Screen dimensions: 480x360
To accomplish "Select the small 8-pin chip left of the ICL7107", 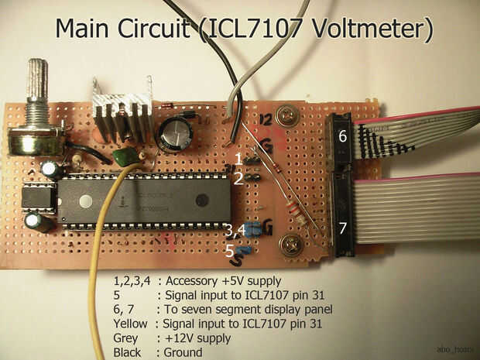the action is [36, 199].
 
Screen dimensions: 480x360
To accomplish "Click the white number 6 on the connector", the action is [341, 137].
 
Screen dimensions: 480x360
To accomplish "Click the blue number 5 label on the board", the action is [230, 251].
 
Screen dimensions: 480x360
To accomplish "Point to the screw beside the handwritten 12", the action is [289, 118].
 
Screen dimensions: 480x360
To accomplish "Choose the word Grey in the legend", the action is [125, 338].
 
